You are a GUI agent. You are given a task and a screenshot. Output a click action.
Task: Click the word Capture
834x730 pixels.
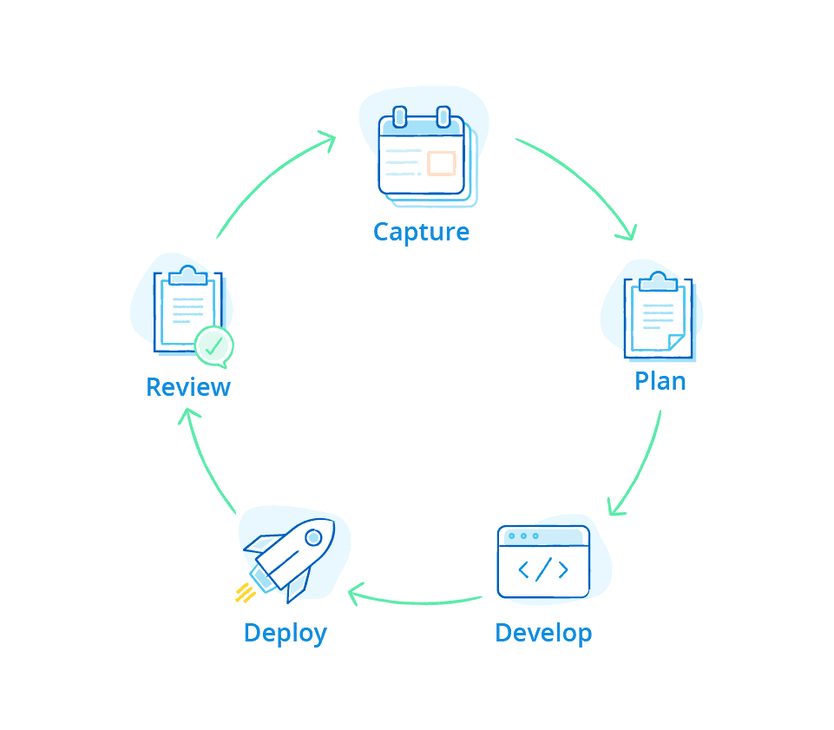[421, 233]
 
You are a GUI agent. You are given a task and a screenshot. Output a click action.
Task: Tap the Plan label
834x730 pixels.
[660, 381]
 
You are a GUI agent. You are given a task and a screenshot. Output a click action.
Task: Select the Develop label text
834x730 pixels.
[543, 633]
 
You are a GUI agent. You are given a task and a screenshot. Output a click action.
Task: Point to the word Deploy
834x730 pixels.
[285, 633]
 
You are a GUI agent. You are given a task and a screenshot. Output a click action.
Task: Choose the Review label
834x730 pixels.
[188, 387]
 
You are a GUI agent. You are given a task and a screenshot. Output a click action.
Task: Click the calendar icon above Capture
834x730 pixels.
[423, 155]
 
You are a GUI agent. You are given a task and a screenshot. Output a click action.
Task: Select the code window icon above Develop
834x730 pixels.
[543, 562]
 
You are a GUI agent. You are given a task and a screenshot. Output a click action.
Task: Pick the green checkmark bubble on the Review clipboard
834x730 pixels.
[213, 345]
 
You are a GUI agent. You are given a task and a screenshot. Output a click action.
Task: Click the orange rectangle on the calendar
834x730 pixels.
[442, 163]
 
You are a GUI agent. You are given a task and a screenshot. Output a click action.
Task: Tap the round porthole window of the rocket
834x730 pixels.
[313, 538]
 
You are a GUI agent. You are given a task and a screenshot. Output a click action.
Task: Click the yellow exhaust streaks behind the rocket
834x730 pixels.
[245, 593]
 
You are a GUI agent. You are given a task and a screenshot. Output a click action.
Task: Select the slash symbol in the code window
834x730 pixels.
[543, 569]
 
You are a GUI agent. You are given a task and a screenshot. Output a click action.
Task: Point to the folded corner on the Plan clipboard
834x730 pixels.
[675, 342]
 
